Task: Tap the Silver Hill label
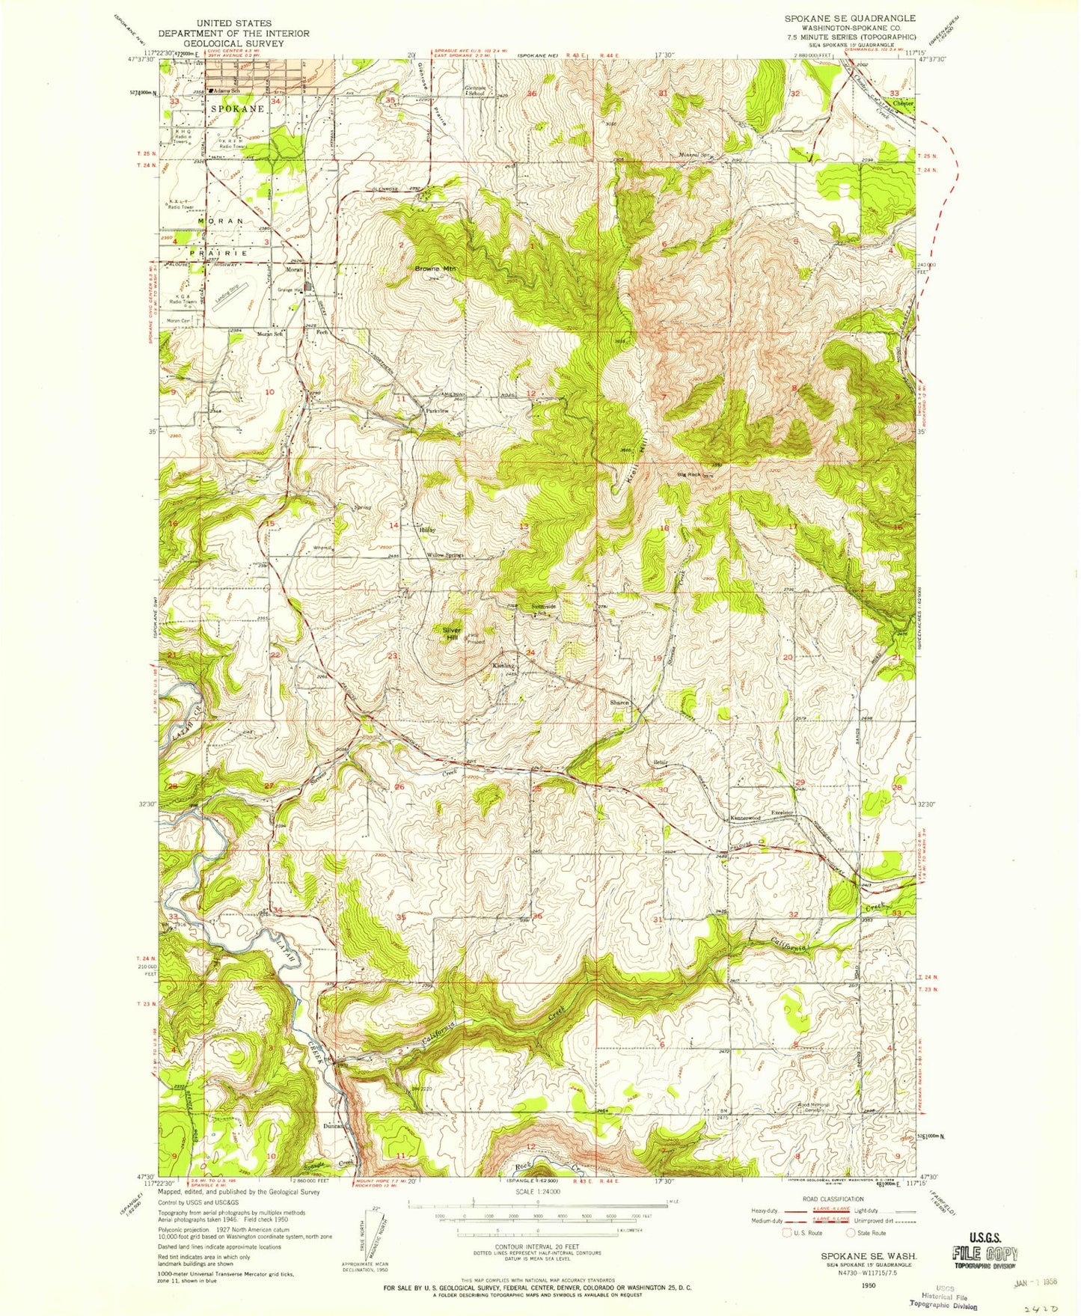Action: [451, 634]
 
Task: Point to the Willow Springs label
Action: [445, 555]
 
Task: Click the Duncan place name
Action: [333, 1125]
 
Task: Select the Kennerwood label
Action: [745, 818]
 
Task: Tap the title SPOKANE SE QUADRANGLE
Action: [849, 17]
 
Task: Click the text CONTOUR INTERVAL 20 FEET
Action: [538, 1246]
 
